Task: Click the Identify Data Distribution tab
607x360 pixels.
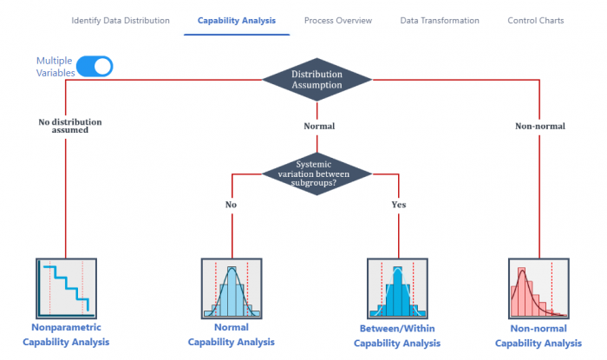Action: click(x=121, y=21)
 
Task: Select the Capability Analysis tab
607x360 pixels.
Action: click(x=237, y=21)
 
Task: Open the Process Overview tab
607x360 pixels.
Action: click(x=338, y=21)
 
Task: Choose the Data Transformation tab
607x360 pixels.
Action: click(x=440, y=21)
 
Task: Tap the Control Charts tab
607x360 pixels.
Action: click(x=536, y=21)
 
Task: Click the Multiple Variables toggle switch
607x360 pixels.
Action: click(x=95, y=66)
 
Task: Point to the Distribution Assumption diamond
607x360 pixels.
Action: click(x=317, y=80)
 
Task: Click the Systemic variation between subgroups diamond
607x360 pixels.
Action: click(x=317, y=173)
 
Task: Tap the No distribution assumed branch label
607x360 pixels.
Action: click(x=70, y=126)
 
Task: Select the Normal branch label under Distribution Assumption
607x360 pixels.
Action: click(x=319, y=126)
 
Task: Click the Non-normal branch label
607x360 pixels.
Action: click(x=540, y=126)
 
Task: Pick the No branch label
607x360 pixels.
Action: click(x=232, y=205)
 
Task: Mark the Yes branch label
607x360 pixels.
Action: click(x=399, y=205)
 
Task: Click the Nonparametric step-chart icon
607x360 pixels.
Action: click(x=66, y=288)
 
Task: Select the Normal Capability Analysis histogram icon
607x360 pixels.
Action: click(x=232, y=288)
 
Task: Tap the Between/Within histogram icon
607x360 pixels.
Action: click(x=397, y=288)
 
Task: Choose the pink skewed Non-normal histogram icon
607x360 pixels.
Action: click(x=538, y=288)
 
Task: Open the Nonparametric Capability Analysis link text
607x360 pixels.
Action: click(x=66, y=335)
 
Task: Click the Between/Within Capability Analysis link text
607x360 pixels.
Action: click(x=397, y=336)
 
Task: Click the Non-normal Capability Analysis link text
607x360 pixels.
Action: click(x=538, y=336)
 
